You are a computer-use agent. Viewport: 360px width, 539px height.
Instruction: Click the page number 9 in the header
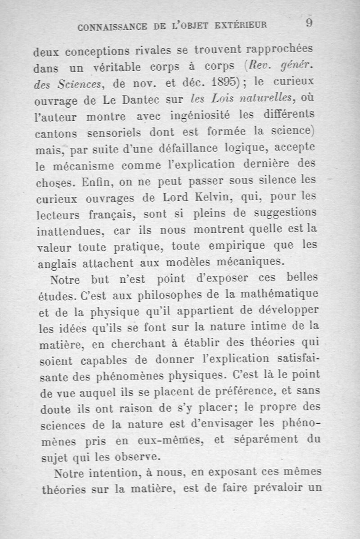pyautogui.click(x=309, y=23)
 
